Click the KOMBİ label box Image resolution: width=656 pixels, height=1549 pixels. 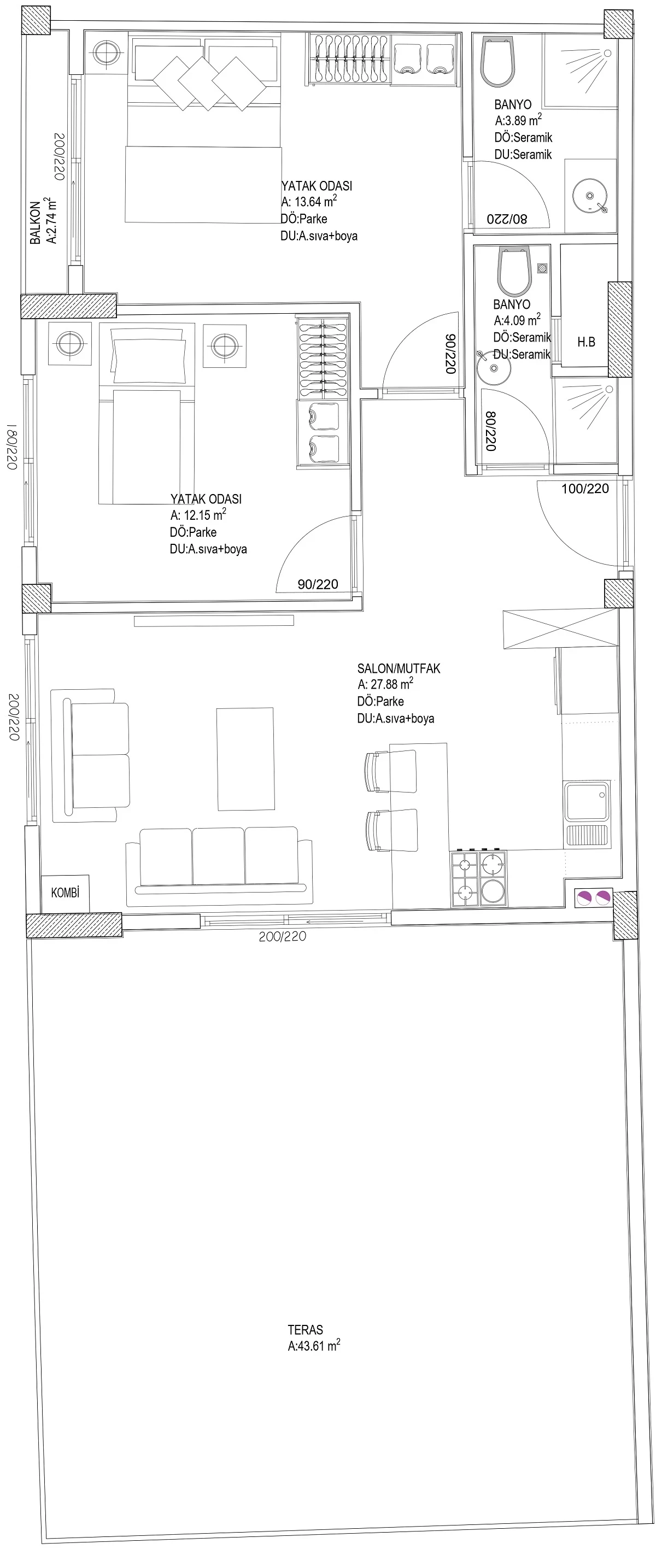pos(65,893)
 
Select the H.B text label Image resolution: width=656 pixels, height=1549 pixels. pos(586,342)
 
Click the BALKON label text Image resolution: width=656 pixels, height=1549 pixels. pos(36,222)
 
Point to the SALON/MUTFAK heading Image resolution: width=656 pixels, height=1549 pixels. pos(399,668)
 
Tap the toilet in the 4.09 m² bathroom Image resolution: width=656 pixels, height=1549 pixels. pos(515,272)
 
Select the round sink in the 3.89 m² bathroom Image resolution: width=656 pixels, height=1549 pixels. pos(590,196)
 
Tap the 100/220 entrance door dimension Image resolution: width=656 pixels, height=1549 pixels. pos(585,489)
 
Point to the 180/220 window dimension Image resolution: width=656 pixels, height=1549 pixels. pos(11,446)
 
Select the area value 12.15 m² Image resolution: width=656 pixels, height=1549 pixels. pos(205,515)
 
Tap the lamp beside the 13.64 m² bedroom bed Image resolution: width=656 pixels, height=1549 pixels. pos(107,52)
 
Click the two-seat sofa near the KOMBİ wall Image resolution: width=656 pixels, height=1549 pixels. pos(91,755)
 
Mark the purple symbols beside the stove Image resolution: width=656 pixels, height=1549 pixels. pos(594,899)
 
